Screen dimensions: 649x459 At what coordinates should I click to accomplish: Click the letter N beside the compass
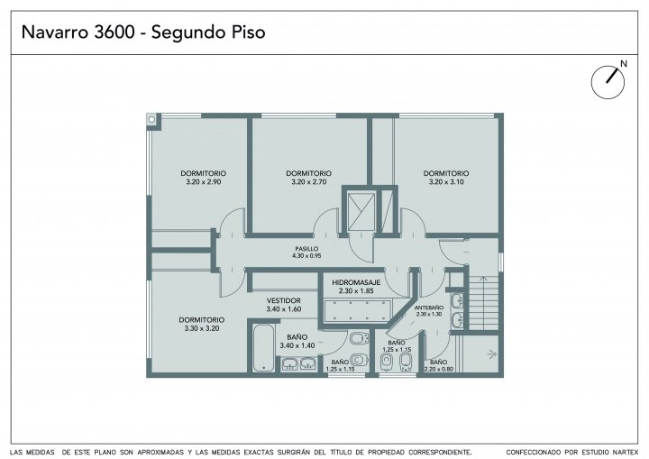pyautogui.click(x=624, y=64)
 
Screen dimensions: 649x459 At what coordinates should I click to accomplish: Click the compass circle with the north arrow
pyautogui.click(x=608, y=82)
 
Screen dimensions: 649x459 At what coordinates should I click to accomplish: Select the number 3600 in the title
pyautogui.click(x=114, y=32)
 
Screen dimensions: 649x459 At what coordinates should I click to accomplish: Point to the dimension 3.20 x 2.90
pyautogui.click(x=203, y=182)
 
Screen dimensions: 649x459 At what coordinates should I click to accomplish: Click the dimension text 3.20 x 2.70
pyautogui.click(x=309, y=182)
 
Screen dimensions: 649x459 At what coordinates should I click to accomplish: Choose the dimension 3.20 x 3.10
pyautogui.click(x=446, y=182)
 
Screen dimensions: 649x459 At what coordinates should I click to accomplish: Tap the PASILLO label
pyautogui.click(x=306, y=249)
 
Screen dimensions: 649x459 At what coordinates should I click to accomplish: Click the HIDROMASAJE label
pyautogui.click(x=356, y=282)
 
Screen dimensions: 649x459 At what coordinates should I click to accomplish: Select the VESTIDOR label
pyautogui.click(x=284, y=300)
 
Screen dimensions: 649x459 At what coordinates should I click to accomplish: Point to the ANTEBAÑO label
pyautogui.click(x=429, y=308)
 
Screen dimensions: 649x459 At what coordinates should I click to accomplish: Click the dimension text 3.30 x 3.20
pyautogui.click(x=202, y=328)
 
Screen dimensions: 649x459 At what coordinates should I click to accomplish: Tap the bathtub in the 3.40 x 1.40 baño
pyautogui.click(x=263, y=347)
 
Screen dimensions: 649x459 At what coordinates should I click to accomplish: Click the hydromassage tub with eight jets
pyautogui.click(x=357, y=311)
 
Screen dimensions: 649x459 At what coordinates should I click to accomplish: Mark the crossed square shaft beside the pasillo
pyautogui.click(x=361, y=211)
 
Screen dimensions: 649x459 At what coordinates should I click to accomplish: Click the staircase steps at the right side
pyautogui.click(x=482, y=302)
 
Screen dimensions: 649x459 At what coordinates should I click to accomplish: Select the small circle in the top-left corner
pyautogui.click(x=151, y=120)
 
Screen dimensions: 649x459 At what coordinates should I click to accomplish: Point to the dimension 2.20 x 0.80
pyautogui.click(x=438, y=370)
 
